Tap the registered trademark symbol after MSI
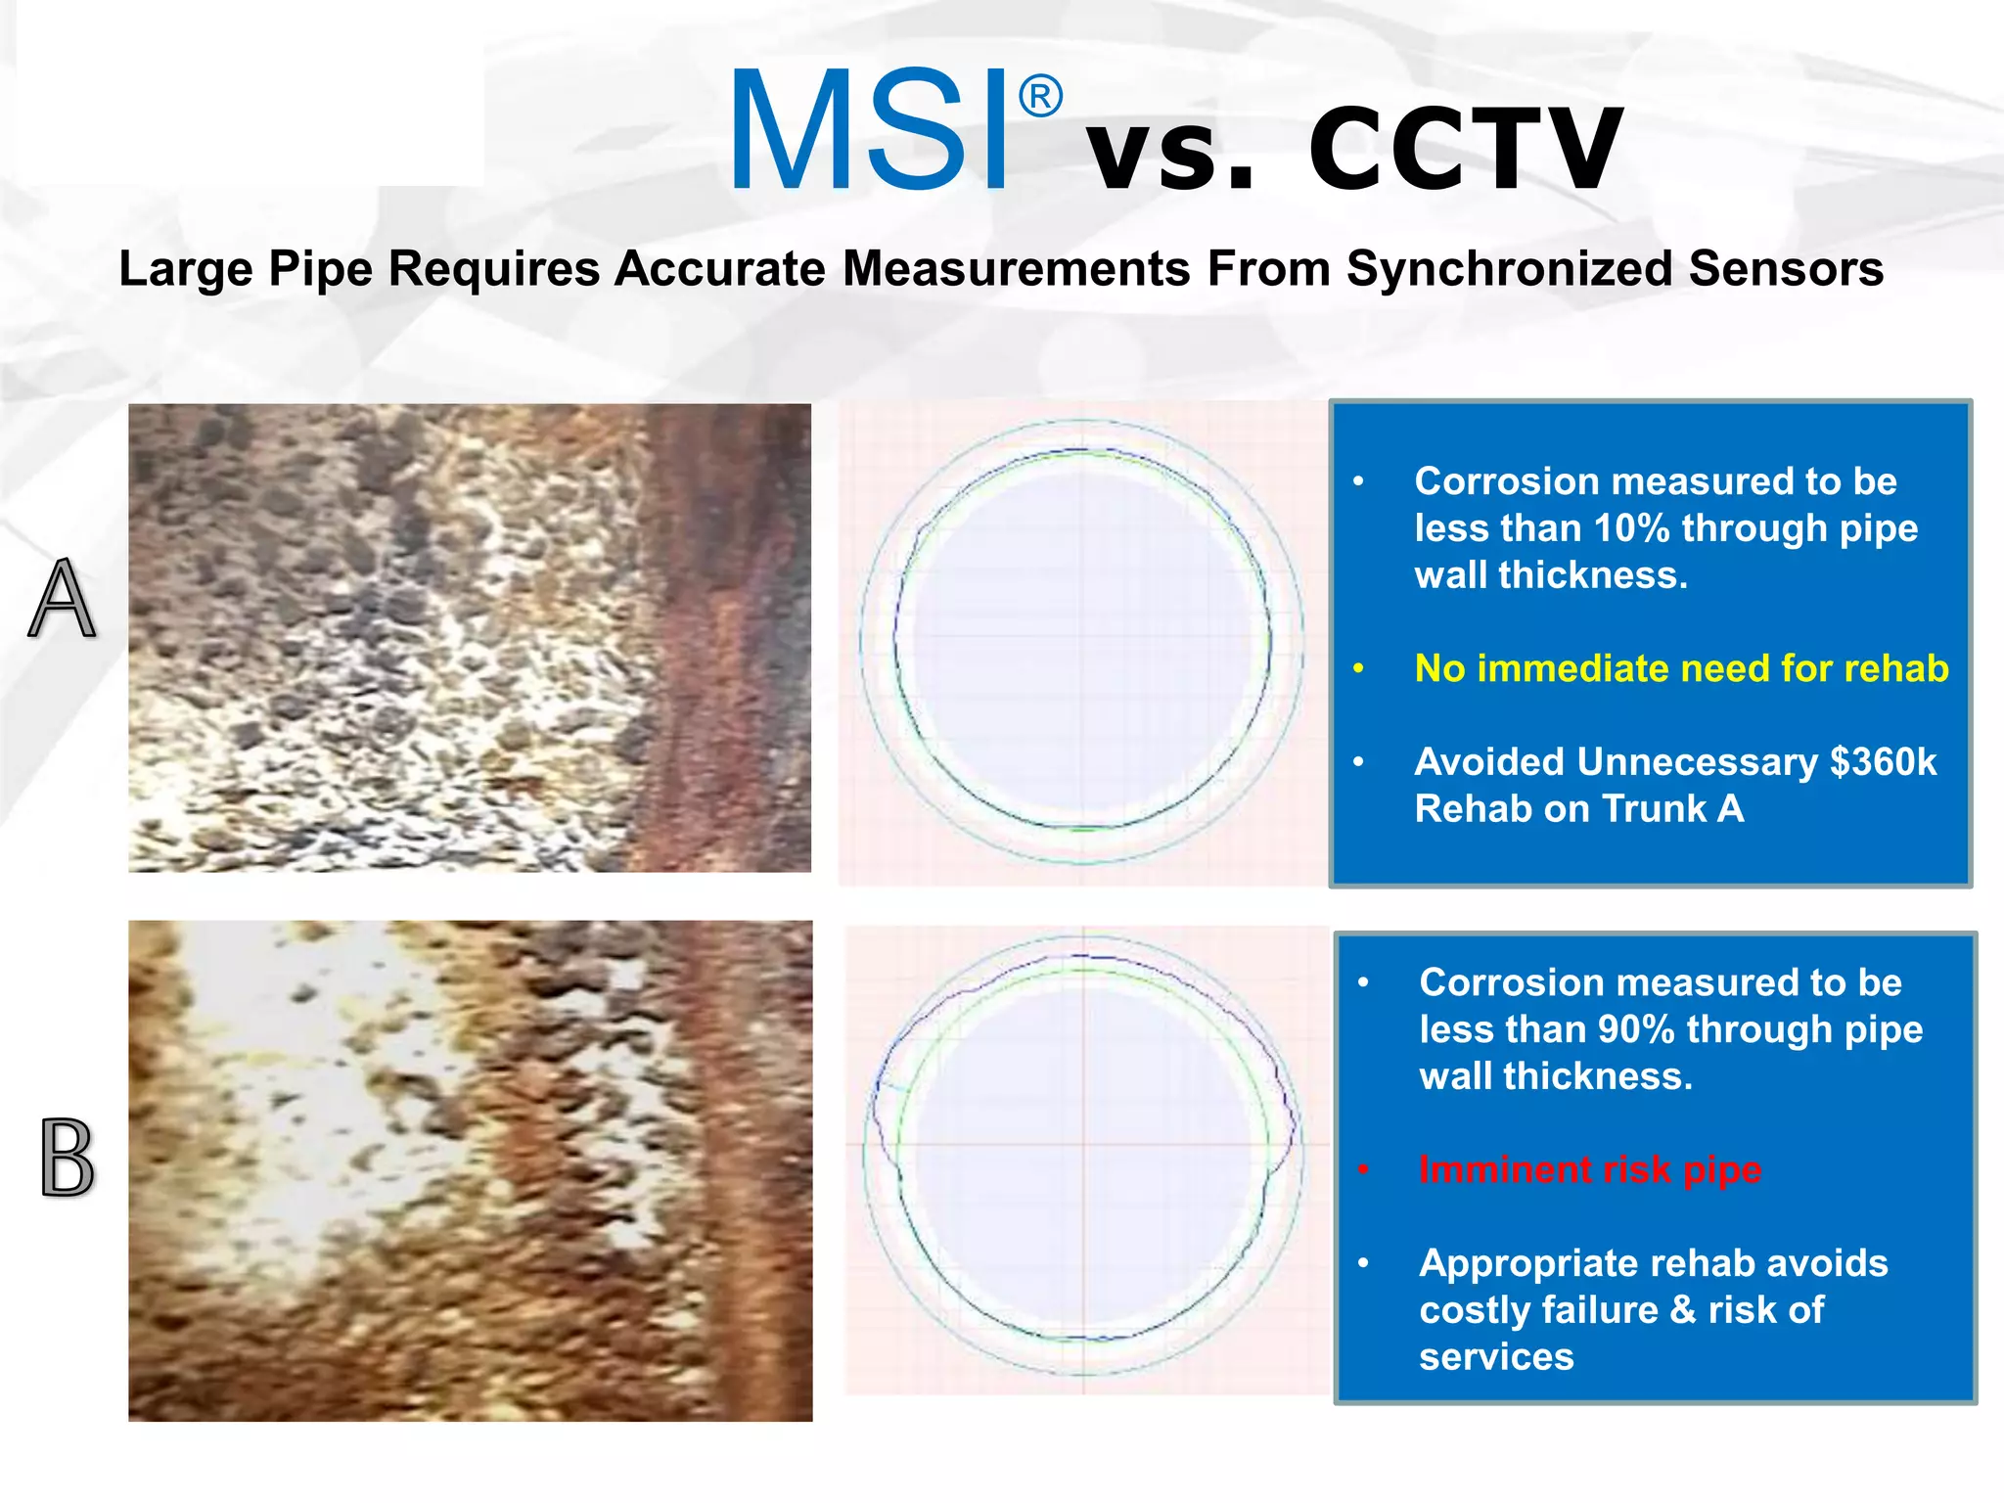pyautogui.click(x=1040, y=97)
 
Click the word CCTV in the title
pyautogui.click(x=1465, y=150)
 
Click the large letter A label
pyautogui.click(x=63, y=598)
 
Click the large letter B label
pyautogui.click(x=68, y=1159)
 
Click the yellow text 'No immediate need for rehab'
pyautogui.click(x=1681, y=668)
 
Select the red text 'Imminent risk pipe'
pyautogui.click(x=1590, y=1169)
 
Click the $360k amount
pyautogui.click(x=1883, y=762)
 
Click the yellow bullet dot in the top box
pyautogui.click(x=1358, y=669)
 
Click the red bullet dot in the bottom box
pyautogui.click(x=1363, y=1170)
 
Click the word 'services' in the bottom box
pyautogui.click(x=1496, y=1357)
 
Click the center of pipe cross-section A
pyautogui.click(x=1082, y=641)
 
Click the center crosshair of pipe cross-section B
pyautogui.click(x=1083, y=1144)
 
